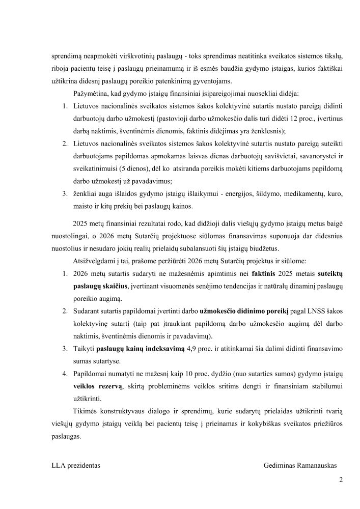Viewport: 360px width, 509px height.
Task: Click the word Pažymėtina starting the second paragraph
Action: [92, 94]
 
